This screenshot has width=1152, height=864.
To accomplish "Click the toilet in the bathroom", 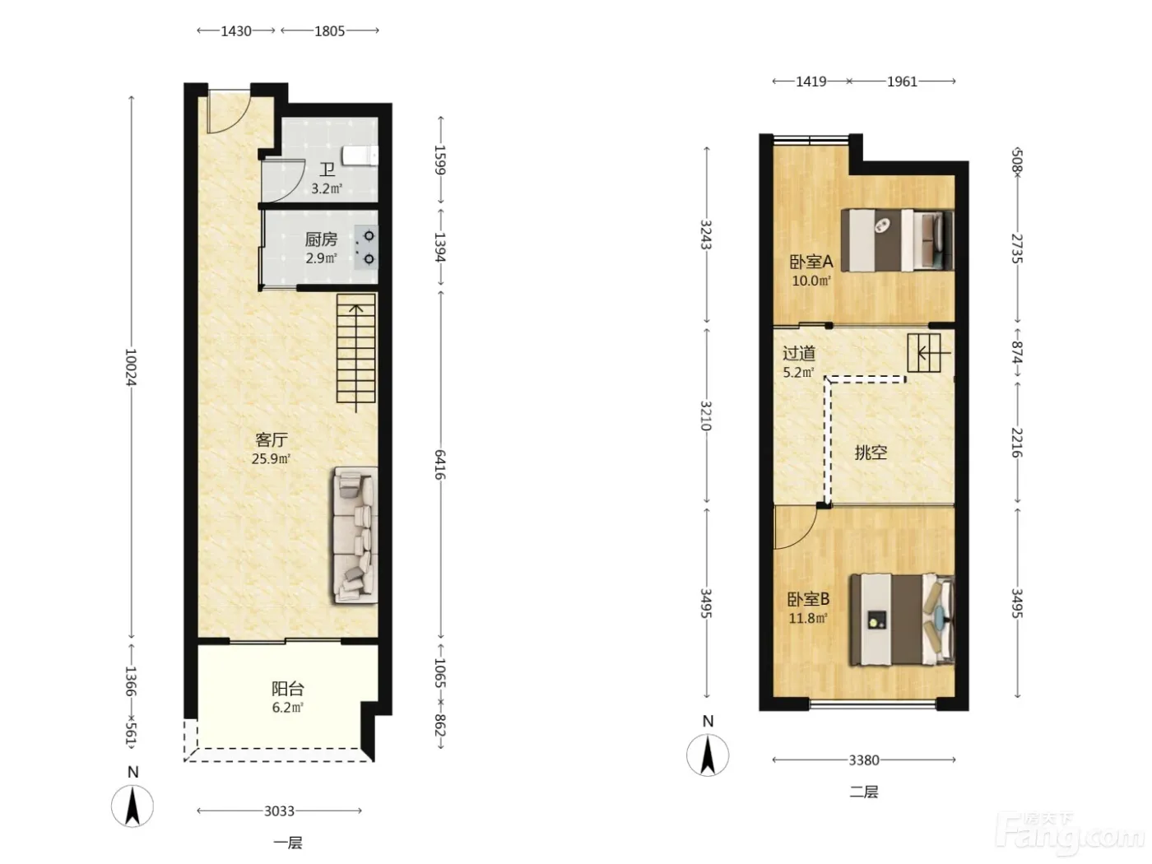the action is pos(360,156).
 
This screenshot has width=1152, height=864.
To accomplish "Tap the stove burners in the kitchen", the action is pos(366,247).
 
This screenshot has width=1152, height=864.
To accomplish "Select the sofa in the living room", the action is pos(355,536).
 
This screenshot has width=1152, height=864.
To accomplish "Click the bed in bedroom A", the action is pos(897,240).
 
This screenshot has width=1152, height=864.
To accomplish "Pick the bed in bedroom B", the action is pos(902,620).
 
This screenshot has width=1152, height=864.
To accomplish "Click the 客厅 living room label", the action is pos(271,439).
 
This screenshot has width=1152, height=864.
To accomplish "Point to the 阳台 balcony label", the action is pos(288,688).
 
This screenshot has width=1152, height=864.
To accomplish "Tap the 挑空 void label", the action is pos(871,452).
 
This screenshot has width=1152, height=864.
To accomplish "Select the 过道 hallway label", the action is pos(798,353).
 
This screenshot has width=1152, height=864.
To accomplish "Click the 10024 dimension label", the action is pos(131,367).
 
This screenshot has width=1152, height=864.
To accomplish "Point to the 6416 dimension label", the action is pos(439,464).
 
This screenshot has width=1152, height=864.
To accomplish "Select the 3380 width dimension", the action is pos(864,759).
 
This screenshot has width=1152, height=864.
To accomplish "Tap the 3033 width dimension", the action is pos(279,811).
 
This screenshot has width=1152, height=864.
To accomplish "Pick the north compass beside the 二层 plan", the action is pos(708,755).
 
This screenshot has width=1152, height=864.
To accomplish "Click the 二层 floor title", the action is pos(864,792).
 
